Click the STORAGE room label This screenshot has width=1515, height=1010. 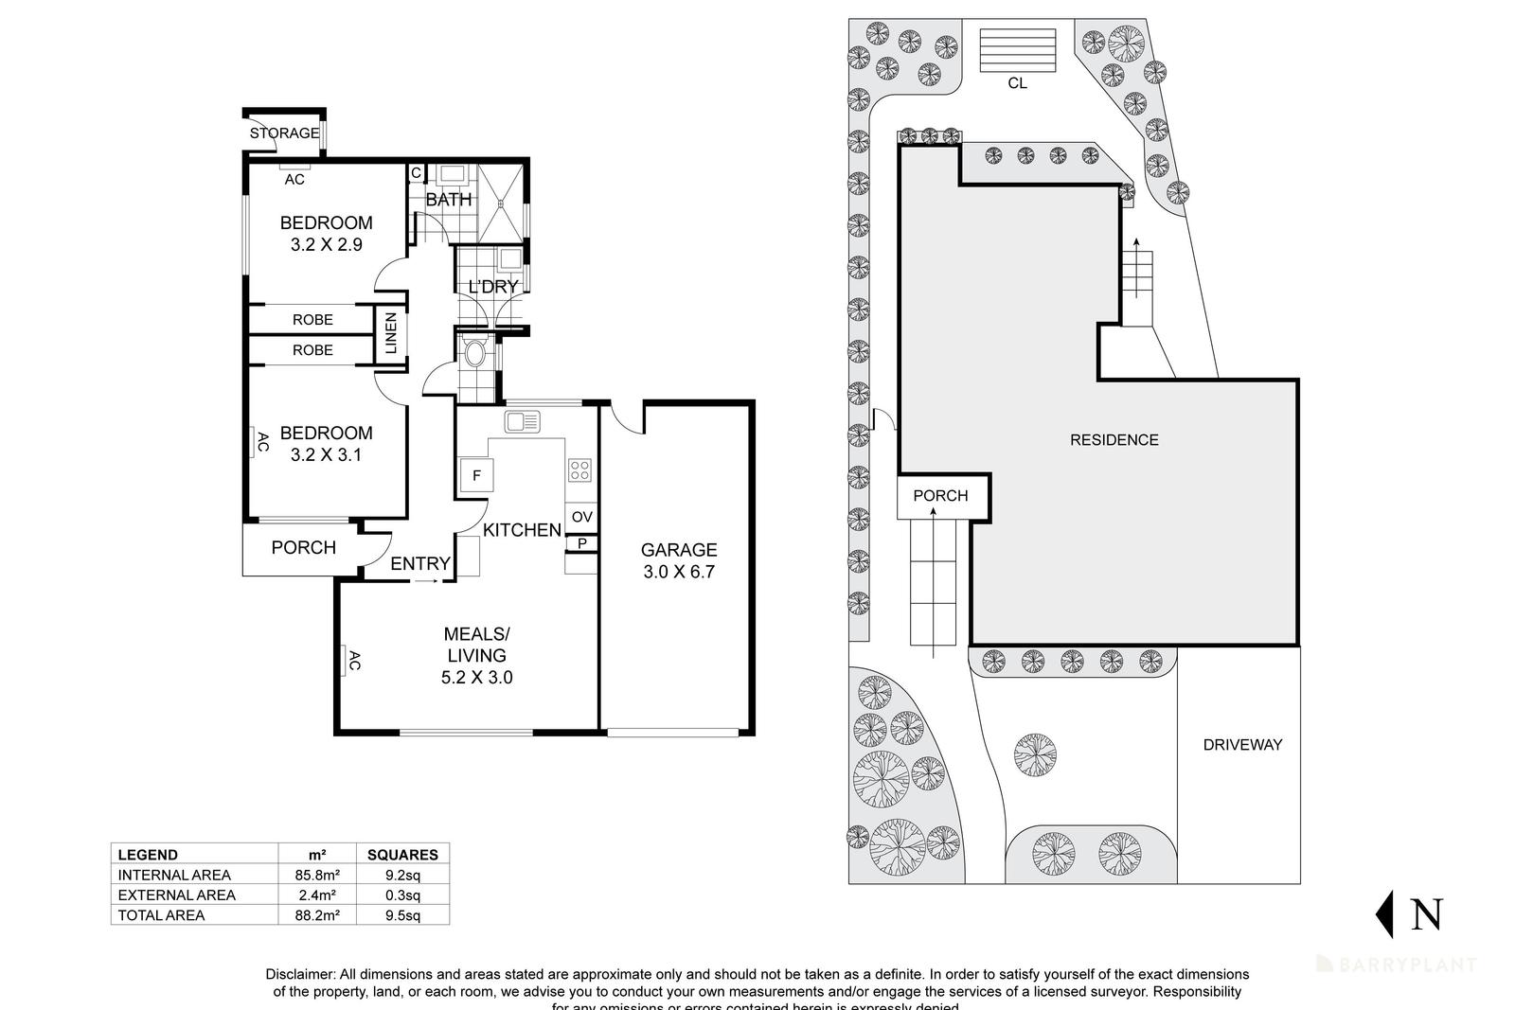click(284, 133)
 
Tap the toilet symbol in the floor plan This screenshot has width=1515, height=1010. click(475, 352)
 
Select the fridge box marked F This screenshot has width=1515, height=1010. click(476, 475)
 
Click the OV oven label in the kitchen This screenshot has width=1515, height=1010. click(581, 517)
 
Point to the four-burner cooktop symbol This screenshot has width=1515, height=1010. click(579, 470)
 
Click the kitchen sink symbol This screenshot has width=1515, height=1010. click(523, 420)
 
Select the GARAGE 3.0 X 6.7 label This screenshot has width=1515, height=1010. click(679, 560)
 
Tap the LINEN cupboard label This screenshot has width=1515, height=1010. click(390, 334)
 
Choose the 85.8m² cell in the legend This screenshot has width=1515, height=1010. click(317, 875)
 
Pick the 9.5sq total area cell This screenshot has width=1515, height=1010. click(401, 915)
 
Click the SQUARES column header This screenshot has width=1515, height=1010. click(401, 854)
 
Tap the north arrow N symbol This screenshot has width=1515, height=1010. click(1411, 914)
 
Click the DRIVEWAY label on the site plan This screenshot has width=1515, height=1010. click(1242, 745)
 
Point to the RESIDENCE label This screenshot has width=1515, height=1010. click(1114, 440)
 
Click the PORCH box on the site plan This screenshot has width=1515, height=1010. click(940, 496)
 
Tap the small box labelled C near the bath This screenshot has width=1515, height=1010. click(415, 173)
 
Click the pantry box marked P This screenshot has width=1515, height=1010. click(581, 543)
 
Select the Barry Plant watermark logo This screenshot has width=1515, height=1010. click(1396, 965)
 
